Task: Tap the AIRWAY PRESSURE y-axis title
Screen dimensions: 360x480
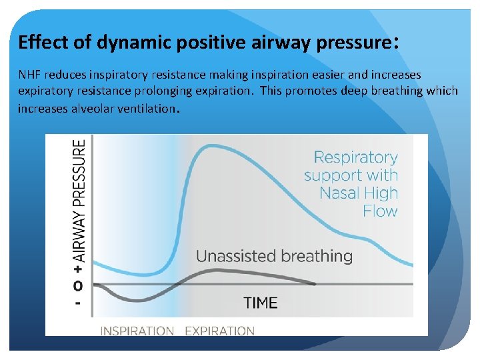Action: [79, 200]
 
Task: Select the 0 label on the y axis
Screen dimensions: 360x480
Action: [79, 286]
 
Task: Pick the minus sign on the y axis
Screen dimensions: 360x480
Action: [79, 301]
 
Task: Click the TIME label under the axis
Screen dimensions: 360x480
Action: [260, 303]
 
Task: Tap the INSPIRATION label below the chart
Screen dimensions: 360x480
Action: [137, 331]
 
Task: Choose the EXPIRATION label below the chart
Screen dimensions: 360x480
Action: [219, 331]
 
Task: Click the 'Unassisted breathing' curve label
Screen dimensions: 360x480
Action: [274, 256]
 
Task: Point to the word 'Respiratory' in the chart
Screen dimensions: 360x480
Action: [355, 158]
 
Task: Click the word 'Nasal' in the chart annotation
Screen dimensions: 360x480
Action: [341, 194]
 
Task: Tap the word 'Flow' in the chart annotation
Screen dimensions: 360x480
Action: [380, 211]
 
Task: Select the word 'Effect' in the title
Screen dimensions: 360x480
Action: [37, 43]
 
